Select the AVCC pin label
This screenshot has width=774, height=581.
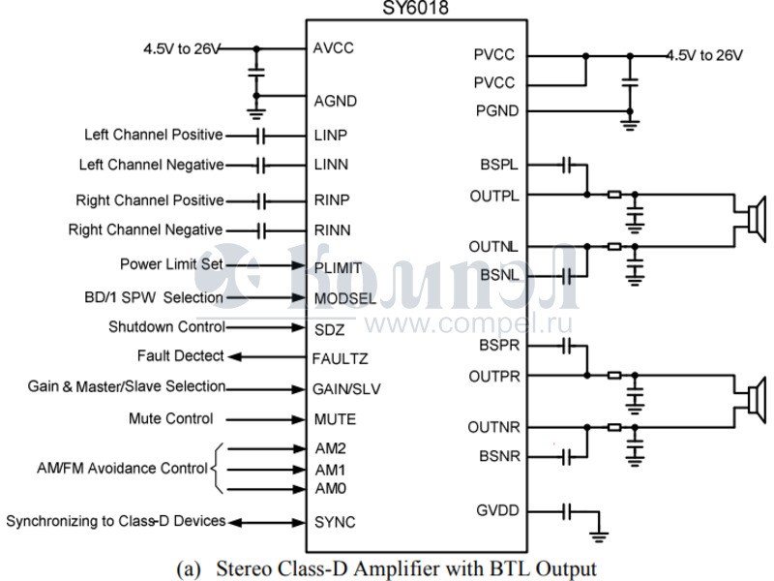(334, 47)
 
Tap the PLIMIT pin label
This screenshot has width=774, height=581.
(338, 265)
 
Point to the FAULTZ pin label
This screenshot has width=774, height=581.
(341, 357)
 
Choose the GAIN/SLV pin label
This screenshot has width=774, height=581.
(346, 388)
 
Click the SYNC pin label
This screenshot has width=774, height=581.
(335, 522)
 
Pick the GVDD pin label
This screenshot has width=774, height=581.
(495, 510)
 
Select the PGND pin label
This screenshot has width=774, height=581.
(495, 110)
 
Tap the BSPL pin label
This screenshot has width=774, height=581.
(496, 165)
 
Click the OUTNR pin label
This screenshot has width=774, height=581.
(493, 426)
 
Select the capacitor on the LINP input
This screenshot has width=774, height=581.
(261, 135)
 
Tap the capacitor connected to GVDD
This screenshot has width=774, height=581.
(571, 510)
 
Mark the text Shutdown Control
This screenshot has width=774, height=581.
(166, 327)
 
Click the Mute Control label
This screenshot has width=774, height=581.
(170, 419)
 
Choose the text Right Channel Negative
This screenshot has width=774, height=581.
(145, 230)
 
